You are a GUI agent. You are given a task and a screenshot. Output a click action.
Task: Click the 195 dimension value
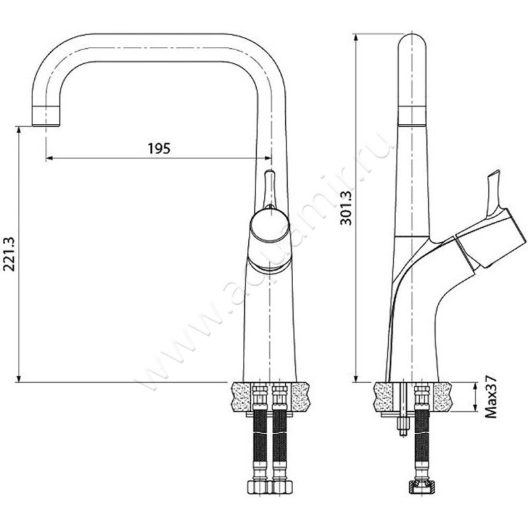pos(159,148)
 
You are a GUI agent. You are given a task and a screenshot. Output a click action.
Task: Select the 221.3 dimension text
pos(9,254)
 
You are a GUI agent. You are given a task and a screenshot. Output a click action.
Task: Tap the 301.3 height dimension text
pos(345,207)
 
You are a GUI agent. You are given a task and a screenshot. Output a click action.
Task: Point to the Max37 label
pos(491,398)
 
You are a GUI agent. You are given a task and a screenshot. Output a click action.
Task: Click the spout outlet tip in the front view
pos(46,115)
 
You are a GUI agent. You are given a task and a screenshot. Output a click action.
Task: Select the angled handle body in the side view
pos(490,238)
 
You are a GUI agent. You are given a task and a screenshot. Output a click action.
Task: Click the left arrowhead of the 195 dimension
pos(49,158)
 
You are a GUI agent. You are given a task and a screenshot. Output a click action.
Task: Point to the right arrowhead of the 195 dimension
pos(268,158)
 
